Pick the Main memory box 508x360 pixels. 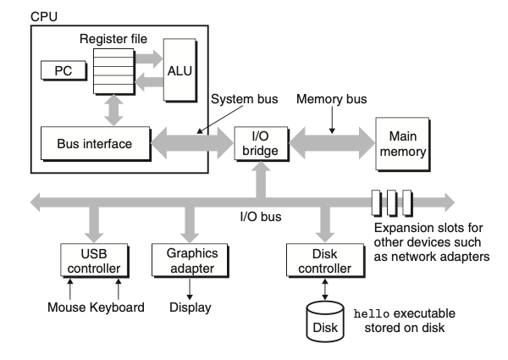coord(403,142)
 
